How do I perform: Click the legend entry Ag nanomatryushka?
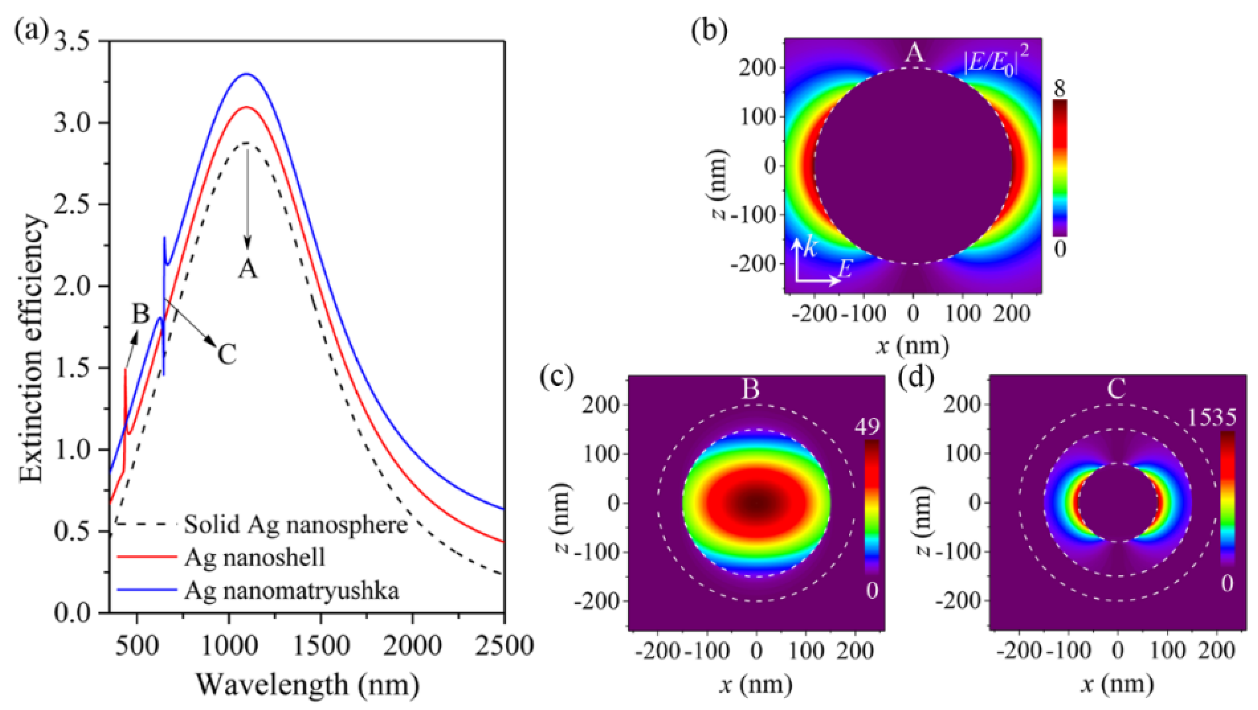[292, 591]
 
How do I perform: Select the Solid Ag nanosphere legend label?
[296, 525]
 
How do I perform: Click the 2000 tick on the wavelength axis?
[413, 646]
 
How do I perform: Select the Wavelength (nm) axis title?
[308, 684]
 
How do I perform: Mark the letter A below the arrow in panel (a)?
[248, 268]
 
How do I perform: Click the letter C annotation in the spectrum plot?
[227, 354]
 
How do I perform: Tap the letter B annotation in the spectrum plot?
[140, 314]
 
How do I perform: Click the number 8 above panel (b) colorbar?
[1059, 89]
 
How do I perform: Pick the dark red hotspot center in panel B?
[756, 502]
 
